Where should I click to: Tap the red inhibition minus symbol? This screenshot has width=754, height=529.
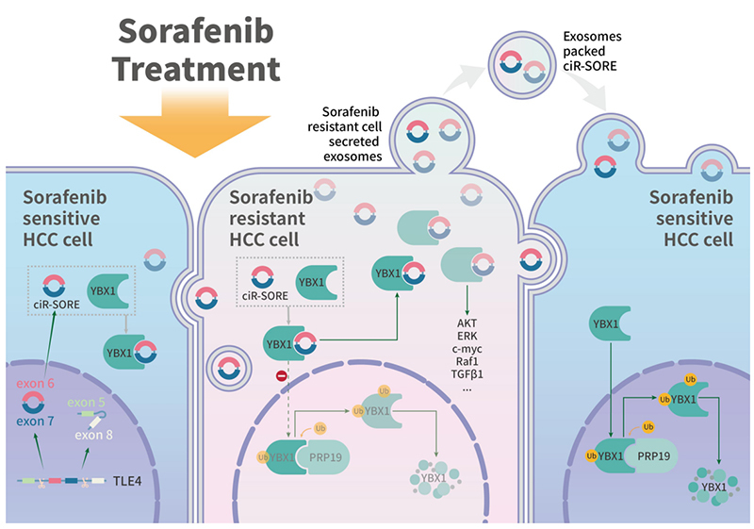(x=280, y=377)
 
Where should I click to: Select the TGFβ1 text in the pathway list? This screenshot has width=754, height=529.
(x=468, y=372)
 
